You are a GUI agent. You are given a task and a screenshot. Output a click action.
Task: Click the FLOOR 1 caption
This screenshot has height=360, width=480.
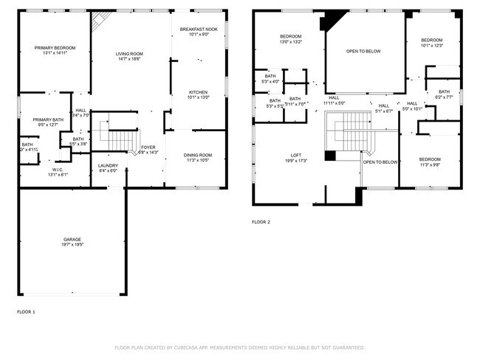[x=26, y=312]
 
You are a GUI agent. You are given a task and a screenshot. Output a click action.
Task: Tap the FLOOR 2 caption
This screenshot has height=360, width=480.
[x=261, y=222]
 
